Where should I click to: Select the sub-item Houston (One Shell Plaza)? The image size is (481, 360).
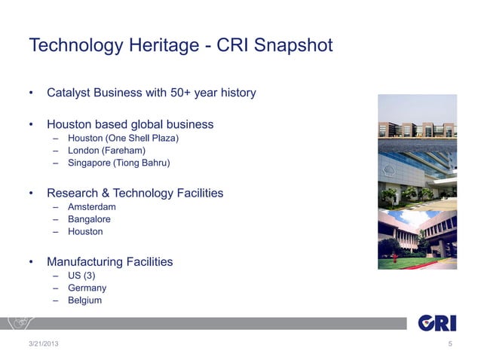tap(123, 138)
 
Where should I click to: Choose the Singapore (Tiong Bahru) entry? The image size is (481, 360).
tap(118, 163)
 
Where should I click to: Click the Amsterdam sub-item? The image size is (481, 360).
tap(92, 207)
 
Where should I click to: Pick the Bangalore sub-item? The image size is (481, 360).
tap(89, 219)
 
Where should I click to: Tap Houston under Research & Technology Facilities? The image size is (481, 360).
tap(85, 232)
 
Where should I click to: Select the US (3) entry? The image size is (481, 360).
tap(81, 276)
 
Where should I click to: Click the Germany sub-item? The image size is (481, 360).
tap(87, 288)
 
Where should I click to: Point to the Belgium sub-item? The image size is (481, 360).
tap(84, 301)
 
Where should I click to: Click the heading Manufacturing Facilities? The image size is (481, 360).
tap(109, 262)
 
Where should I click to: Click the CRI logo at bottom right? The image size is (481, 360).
tap(437, 322)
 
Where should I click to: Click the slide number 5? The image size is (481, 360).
tap(450, 345)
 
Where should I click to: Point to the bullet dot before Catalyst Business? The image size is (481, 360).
tap(32, 94)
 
